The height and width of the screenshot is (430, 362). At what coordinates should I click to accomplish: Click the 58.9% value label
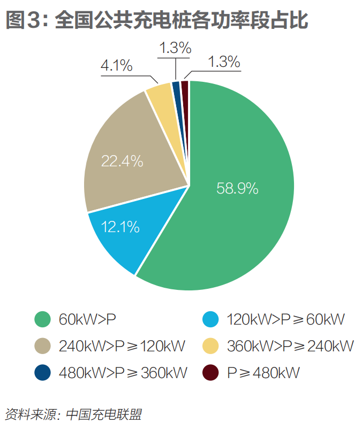(237, 188)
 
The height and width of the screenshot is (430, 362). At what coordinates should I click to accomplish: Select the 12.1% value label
(120, 227)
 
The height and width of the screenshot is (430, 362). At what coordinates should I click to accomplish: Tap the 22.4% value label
(122, 160)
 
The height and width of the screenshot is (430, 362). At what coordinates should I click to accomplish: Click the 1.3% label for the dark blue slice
(175, 48)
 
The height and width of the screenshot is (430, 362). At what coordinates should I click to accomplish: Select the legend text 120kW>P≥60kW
(285, 320)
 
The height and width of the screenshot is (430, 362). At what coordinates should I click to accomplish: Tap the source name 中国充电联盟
(105, 413)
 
